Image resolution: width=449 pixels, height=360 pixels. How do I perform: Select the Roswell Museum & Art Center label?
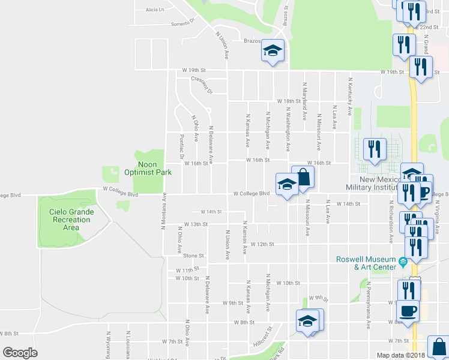[x=366, y=263]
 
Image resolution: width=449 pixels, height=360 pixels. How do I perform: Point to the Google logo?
[x=20, y=353]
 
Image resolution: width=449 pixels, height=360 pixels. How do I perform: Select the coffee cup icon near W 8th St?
[x=408, y=311]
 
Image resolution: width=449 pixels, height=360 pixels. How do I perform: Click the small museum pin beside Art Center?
[x=403, y=262]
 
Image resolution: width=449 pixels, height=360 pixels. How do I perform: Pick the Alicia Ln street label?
[x=154, y=10]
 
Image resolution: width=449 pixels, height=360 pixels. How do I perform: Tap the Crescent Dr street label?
[x=202, y=85]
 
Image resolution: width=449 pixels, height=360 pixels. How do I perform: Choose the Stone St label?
[x=195, y=256]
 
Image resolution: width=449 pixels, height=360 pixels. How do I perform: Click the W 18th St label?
[x=288, y=101]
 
